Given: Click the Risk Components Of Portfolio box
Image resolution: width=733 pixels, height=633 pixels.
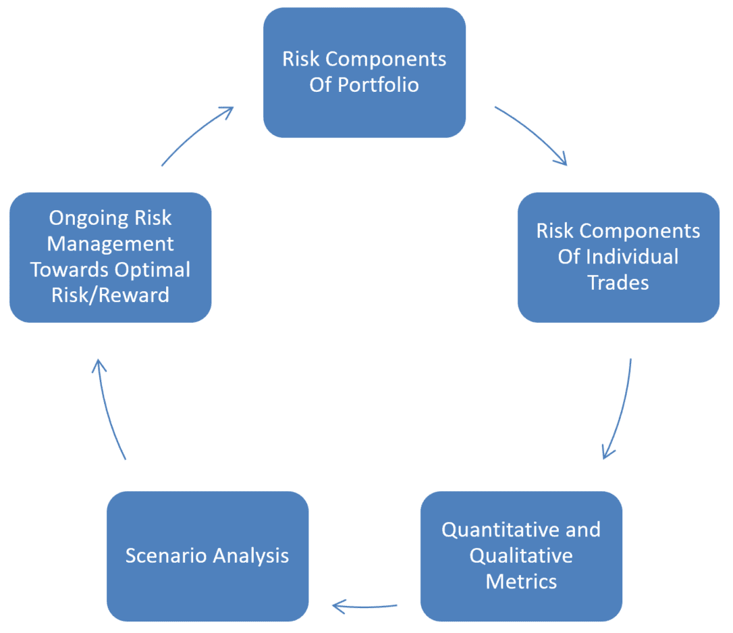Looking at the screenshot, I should pyautogui.click(x=364, y=72).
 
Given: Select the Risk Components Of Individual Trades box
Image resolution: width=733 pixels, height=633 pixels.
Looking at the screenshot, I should pyautogui.click(x=618, y=257).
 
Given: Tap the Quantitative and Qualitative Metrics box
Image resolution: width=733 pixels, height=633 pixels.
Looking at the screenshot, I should pyautogui.click(x=521, y=555).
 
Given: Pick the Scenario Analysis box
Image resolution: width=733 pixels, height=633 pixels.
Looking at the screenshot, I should pyautogui.click(x=207, y=556).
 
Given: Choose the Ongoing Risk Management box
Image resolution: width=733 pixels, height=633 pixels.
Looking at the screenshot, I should pyautogui.click(x=110, y=257).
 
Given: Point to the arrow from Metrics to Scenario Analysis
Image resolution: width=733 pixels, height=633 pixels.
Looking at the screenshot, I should pyautogui.click(x=364, y=606).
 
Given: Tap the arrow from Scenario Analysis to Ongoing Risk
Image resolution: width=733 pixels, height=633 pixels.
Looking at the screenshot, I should pyautogui.click(x=109, y=409).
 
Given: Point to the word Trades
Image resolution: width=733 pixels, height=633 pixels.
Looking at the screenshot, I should pyautogui.click(x=618, y=282).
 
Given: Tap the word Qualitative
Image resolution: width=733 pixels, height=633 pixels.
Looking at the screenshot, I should pyautogui.click(x=521, y=555).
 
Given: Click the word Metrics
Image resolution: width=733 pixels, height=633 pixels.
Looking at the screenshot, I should pyautogui.click(x=521, y=581).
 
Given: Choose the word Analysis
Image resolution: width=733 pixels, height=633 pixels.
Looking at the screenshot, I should pyautogui.click(x=250, y=556).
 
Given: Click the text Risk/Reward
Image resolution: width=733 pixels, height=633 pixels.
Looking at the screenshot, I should pyautogui.click(x=110, y=295).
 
